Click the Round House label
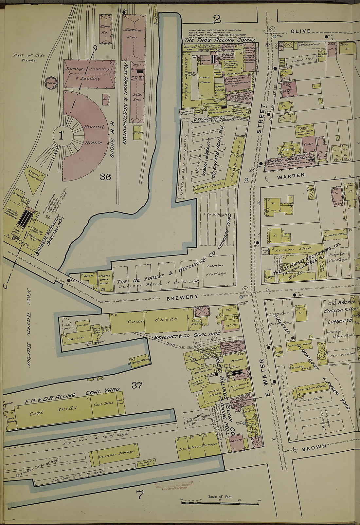(93, 134)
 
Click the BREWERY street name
(182, 297)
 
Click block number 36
(105, 177)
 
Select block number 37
(137, 385)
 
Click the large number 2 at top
(217, 20)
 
